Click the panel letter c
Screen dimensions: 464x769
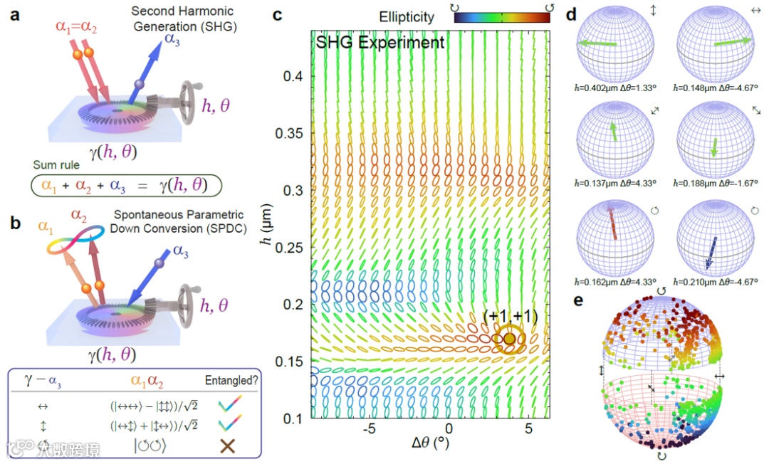pos(280,15)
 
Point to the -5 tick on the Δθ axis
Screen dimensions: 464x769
pos(369,430)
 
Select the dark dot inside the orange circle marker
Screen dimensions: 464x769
pos(509,339)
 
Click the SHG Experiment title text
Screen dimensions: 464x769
pos(380,43)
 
